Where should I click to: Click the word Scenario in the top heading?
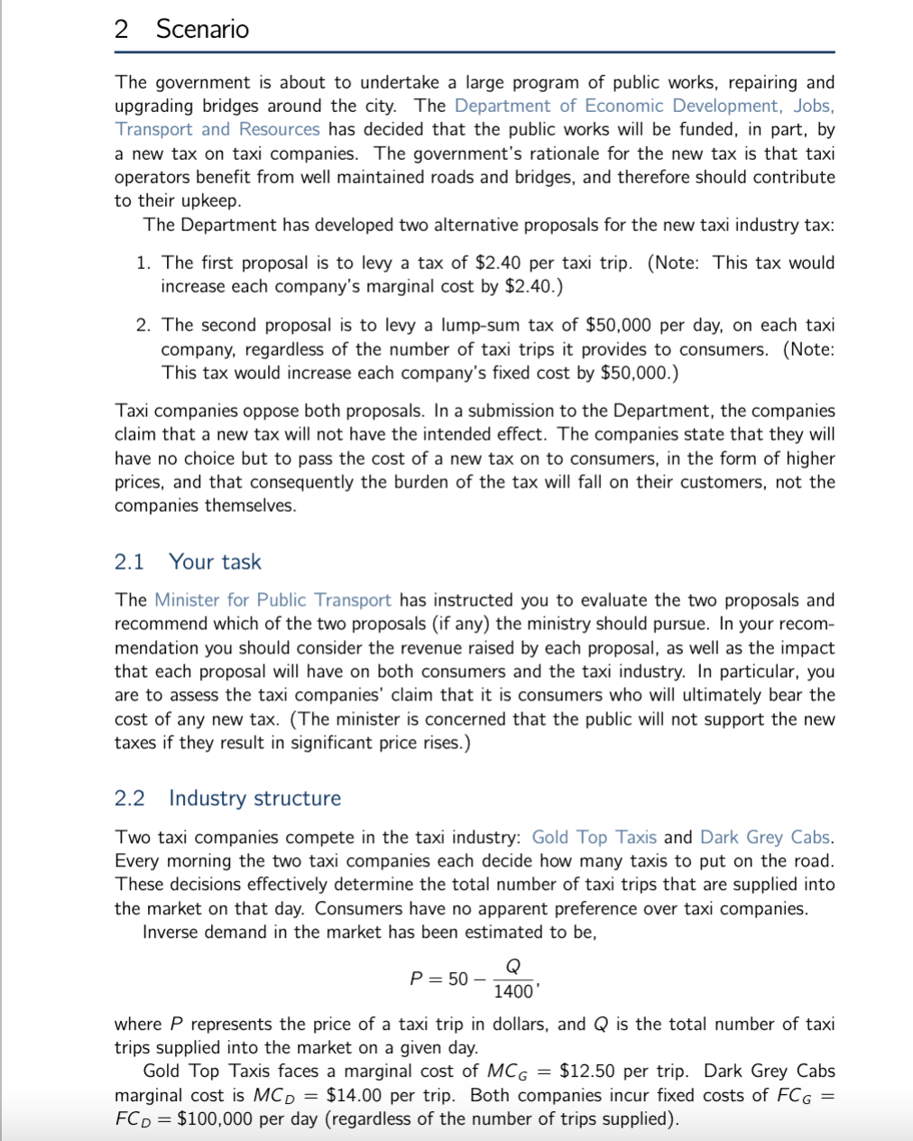202,29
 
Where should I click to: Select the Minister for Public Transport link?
272,600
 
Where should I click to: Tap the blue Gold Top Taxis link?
594,837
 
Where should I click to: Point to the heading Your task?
215,561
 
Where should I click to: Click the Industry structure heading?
254,798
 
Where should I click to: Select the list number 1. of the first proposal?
144,263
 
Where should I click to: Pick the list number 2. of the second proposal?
144,325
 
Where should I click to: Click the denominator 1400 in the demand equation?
512,992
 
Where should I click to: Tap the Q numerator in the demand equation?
512,967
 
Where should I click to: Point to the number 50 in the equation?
458,979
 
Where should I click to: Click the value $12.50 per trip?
587,1071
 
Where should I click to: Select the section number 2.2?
129,798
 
